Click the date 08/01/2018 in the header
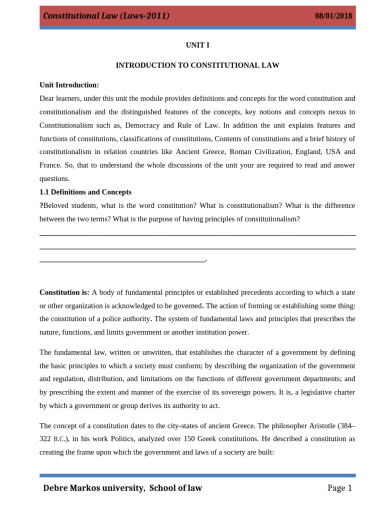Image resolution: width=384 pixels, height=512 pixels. [x=333, y=16]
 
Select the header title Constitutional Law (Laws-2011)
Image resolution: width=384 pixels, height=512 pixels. [x=106, y=16]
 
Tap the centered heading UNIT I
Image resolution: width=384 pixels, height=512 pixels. [x=197, y=45]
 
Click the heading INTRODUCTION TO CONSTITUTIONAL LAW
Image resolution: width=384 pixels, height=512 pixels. [x=197, y=65]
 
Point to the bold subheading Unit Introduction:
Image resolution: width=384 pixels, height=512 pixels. [x=69, y=85]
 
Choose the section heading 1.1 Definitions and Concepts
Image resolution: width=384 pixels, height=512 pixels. [x=85, y=192]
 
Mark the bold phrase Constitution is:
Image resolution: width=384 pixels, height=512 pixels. [x=64, y=292]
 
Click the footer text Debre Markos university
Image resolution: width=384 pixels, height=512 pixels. [x=93, y=488]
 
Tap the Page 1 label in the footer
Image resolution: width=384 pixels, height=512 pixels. [x=339, y=488]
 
